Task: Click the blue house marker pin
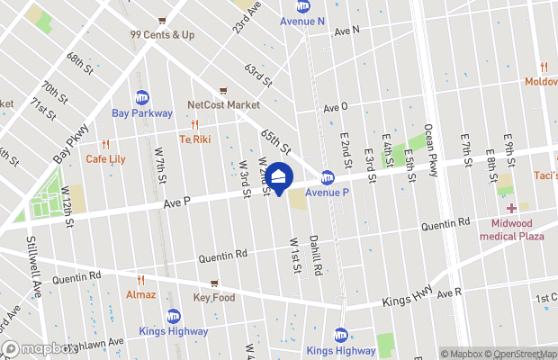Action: (279, 177)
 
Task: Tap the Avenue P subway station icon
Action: (328, 178)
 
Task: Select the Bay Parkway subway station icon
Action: (142, 97)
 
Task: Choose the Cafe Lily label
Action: (106, 158)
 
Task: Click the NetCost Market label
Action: (223, 104)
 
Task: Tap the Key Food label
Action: (213, 297)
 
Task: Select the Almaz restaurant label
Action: (141, 294)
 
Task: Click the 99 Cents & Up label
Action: (163, 35)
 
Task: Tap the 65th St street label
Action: (276, 141)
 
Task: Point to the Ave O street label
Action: (336, 107)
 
